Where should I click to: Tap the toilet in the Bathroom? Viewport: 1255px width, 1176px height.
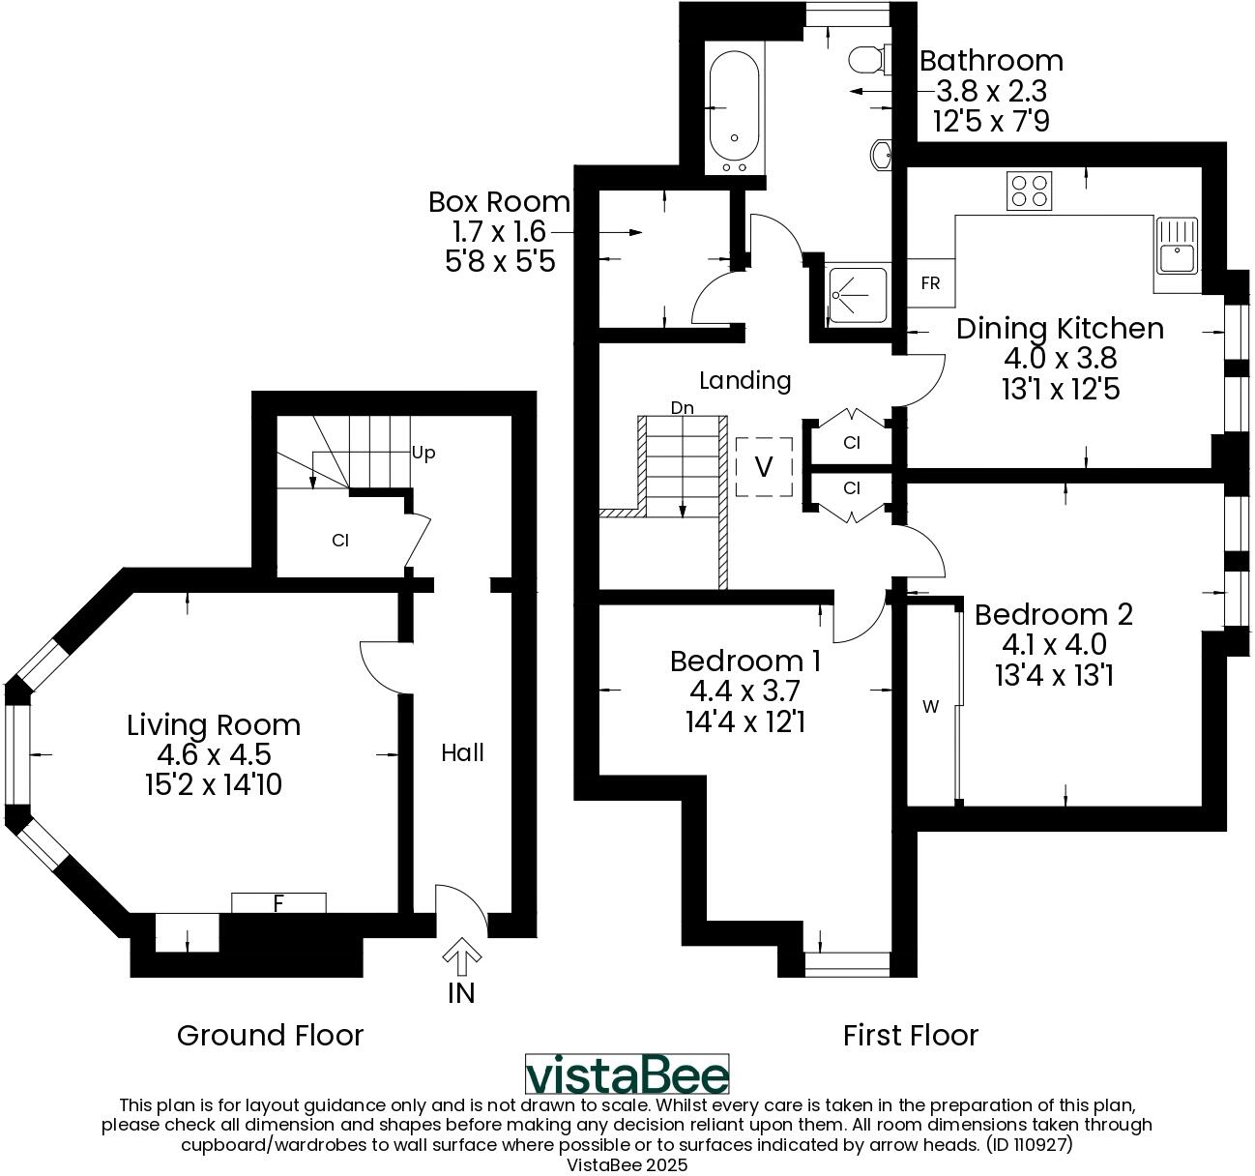tap(868, 61)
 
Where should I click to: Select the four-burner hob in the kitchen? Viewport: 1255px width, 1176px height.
tap(1029, 191)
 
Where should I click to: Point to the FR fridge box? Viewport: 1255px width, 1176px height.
tap(930, 283)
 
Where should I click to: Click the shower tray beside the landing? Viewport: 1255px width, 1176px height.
tap(857, 295)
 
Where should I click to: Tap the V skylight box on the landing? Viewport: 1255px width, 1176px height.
tap(764, 468)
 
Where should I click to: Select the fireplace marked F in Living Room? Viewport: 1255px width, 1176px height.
tap(278, 903)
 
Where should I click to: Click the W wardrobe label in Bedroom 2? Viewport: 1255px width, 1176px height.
tap(930, 707)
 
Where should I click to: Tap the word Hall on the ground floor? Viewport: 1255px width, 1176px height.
tap(462, 752)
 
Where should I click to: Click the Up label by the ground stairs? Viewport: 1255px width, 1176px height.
tap(423, 453)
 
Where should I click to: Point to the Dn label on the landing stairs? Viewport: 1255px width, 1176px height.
tap(683, 408)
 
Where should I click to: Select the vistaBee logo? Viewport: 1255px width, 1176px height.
tap(627, 1074)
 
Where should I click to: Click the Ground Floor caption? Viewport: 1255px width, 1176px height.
tap(270, 1036)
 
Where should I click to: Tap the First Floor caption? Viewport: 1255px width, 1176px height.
tap(910, 1036)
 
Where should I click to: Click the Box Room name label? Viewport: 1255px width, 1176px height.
tap(499, 202)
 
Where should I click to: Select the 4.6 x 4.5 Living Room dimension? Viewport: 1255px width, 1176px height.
tap(214, 754)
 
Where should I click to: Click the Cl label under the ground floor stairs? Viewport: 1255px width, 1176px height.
tap(339, 541)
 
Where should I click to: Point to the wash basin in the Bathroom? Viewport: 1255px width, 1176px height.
tap(882, 155)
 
